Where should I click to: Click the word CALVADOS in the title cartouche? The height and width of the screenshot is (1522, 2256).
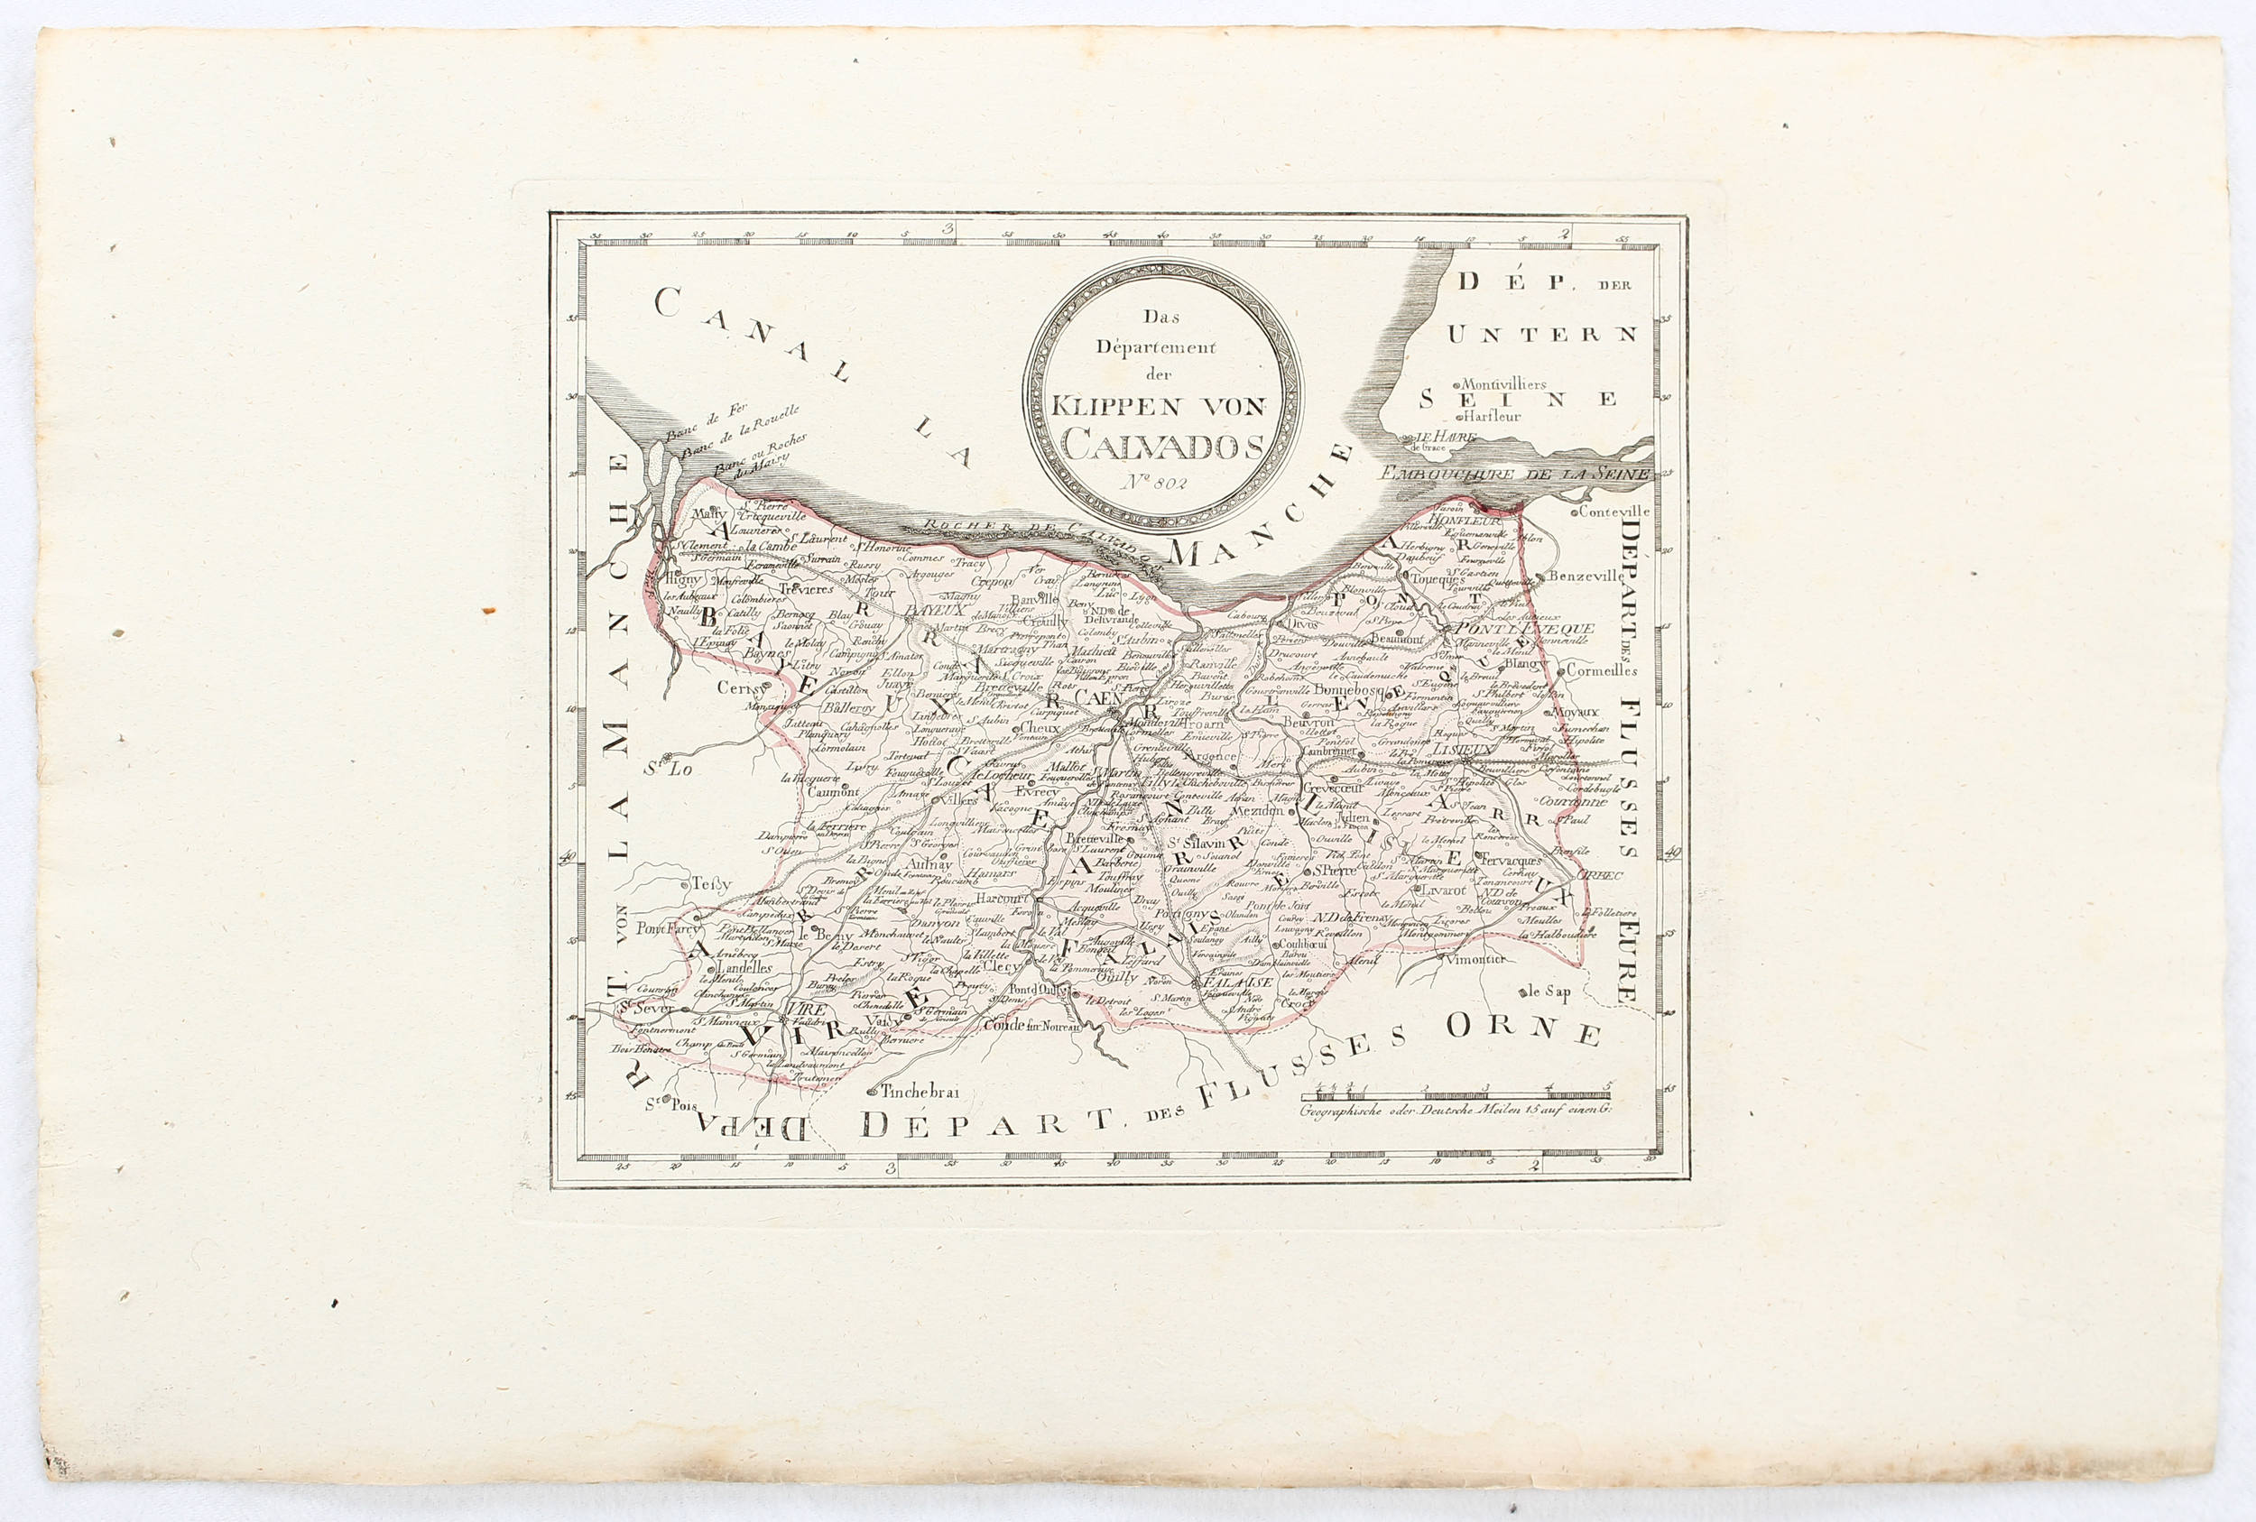coord(1162,445)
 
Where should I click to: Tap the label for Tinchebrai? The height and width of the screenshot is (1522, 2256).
coord(920,1091)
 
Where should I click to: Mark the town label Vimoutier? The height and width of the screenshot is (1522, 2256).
coord(1475,959)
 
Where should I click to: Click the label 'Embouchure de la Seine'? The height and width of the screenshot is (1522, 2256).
coord(1515,474)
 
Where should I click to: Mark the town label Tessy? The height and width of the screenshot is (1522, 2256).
coord(710,883)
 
